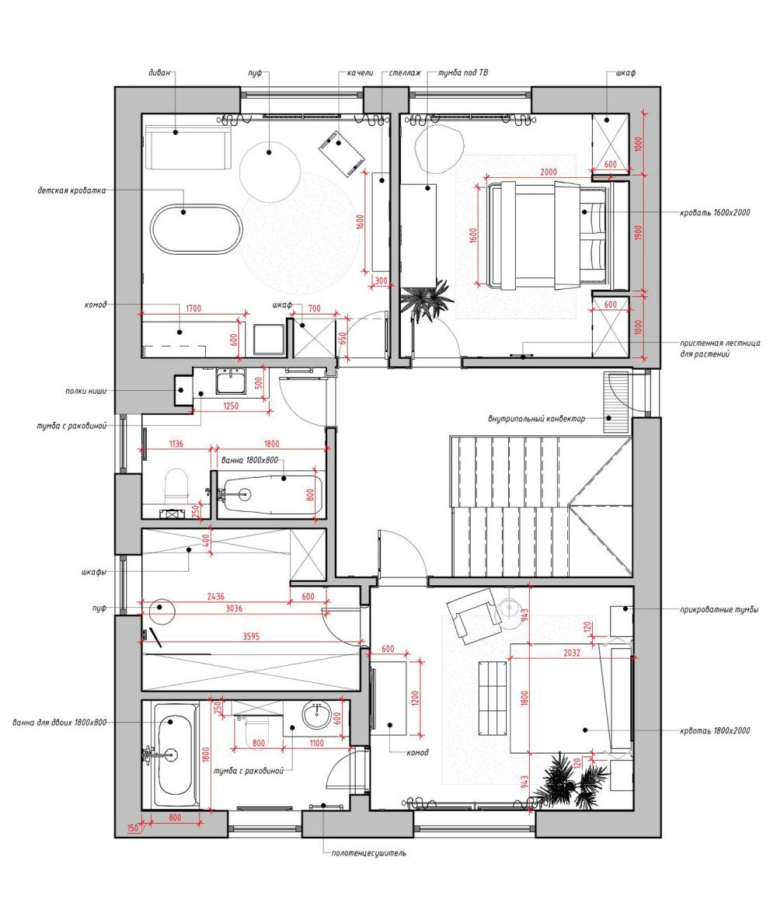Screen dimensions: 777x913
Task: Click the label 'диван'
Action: (x=159, y=73)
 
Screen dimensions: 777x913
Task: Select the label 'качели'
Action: (x=360, y=73)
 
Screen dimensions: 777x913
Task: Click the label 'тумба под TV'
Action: (x=463, y=73)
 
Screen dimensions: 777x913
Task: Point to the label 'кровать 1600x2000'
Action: (x=715, y=213)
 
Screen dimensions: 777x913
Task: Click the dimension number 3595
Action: (x=251, y=636)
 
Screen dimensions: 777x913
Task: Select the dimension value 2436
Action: (x=215, y=596)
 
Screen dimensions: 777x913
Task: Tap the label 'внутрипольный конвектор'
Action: (x=536, y=418)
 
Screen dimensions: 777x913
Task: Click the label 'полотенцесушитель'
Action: (x=369, y=853)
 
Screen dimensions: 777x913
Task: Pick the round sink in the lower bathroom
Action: (x=316, y=715)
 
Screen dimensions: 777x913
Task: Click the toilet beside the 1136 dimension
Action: (x=177, y=486)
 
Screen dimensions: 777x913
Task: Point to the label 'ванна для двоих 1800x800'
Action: (x=59, y=723)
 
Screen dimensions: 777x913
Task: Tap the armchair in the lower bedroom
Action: (x=473, y=615)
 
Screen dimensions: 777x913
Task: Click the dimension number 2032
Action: (x=572, y=653)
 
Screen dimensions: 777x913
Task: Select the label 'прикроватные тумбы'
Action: (x=720, y=610)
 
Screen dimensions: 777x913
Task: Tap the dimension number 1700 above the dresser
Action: (x=193, y=308)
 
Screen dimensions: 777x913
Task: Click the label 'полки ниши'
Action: (x=85, y=392)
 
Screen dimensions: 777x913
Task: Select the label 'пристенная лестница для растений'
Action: (x=720, y=348)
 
